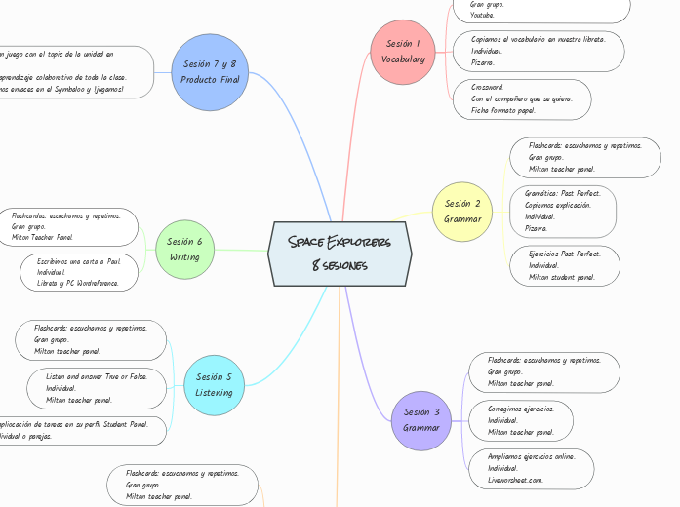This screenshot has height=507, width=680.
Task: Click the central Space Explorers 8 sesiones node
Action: click(x=340, y=253)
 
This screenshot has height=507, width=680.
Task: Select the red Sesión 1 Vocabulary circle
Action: click(x=404, y=52)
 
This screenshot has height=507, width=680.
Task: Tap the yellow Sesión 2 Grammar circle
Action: click(x=461, y=212)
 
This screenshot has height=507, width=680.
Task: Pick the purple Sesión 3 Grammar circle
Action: click(x=421, y=420)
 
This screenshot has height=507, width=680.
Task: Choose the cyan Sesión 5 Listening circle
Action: click(x=214, y=384)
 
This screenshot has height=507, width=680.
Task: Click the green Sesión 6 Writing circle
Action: click(x=184, y=250)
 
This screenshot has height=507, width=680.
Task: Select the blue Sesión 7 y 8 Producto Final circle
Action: click(x=211, y=71)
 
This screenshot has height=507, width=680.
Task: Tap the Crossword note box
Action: click(x=523, y=98)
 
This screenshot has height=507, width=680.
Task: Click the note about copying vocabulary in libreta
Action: click(x=540, y=51)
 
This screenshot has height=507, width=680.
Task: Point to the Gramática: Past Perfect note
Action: click(x=563, y=212)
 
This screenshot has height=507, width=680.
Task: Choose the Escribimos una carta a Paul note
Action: click(x=78, y=272)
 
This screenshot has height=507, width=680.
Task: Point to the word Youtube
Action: click(x=482, y=16)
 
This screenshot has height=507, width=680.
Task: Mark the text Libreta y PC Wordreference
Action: click(x=77, y=284)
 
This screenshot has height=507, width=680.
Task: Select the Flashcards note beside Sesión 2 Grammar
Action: click(x=584, y=157)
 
